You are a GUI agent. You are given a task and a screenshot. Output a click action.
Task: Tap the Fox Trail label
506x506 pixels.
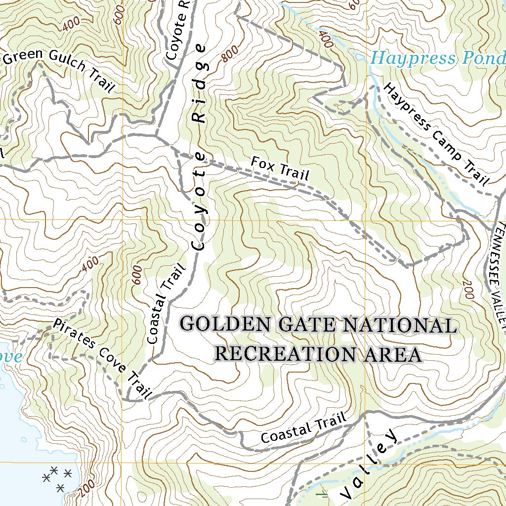pos(280,169)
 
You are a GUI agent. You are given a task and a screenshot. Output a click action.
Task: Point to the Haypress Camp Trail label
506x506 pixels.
pos(435,133)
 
